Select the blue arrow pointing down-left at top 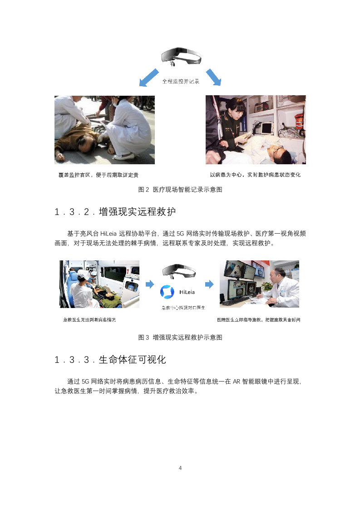[x=149, y=78]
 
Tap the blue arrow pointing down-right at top [x=213, y=77]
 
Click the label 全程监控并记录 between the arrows [x=181, y=82]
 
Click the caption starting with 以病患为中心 [x=255, y=175]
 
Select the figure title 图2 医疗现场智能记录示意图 [x=180, y=190]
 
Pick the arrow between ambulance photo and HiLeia [x=149, y=284]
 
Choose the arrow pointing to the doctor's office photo [x=209, y=284]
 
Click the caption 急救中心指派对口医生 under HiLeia [x=183, y=308]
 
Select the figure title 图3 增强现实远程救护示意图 [x=180, y=338]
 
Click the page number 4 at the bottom [x=180, y=468]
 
